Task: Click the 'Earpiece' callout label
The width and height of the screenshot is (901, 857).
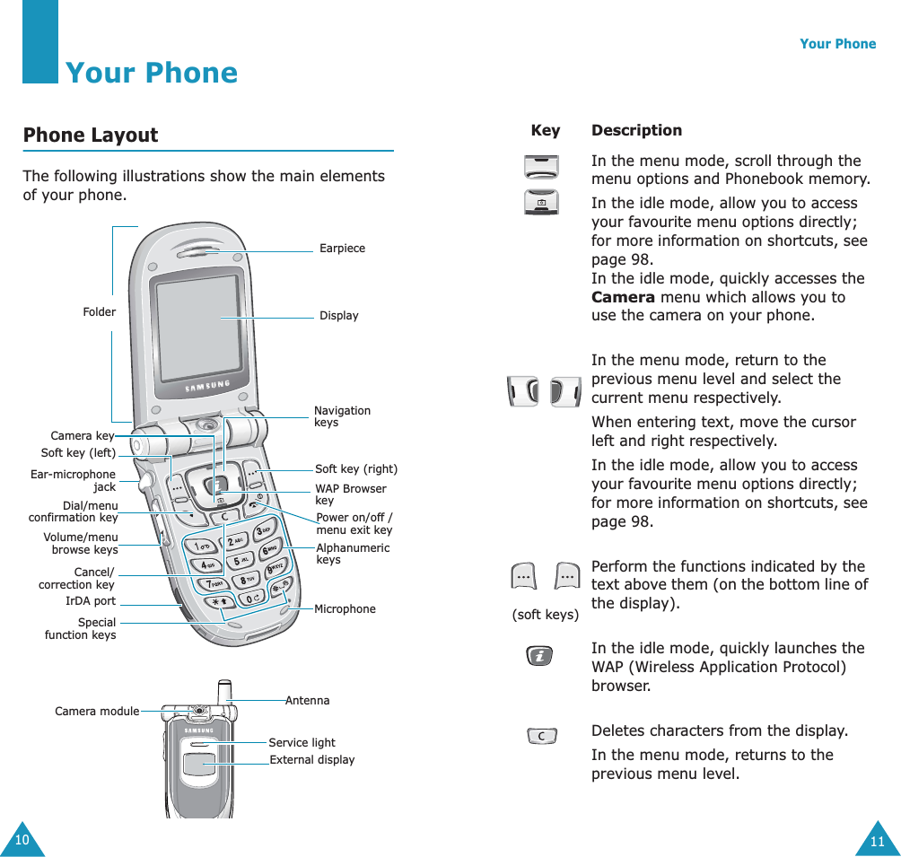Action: click(x=342, y=249)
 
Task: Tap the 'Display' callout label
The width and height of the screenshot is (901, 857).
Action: click(x=338, y=316)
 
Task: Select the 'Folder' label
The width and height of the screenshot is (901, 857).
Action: click(x=99, y=312)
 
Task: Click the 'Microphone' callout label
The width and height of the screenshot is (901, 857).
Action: click(x=345, y=609)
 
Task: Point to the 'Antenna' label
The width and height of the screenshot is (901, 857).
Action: click(x=308, y=700)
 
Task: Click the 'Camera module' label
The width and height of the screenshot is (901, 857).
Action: click(x=97, y=712)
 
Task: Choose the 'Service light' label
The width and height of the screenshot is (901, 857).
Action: click(x=302, y=743)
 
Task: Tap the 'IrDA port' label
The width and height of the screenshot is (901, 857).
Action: click(x=91, y=601)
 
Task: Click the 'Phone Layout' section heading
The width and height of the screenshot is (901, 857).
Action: click(x=91, y=136)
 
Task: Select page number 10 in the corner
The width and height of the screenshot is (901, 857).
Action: click(x=21, y=840)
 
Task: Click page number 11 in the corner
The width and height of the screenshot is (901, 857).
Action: click(x=877, y=841)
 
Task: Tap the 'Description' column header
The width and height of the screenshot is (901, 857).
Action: click(x=636, y=131)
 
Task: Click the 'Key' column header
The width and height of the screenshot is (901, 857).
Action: click(x=545, y=131)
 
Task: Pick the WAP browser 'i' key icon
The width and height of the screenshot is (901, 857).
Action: click(x=540, y=657)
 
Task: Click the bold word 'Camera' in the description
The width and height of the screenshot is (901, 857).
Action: click(x=621, y=297)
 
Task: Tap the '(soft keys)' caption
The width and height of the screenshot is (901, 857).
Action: click(x=545, y=615)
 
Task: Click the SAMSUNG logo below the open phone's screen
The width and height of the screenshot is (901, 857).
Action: click(x=207, y=387)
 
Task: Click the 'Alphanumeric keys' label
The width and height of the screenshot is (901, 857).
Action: click(x=353, y=554)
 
